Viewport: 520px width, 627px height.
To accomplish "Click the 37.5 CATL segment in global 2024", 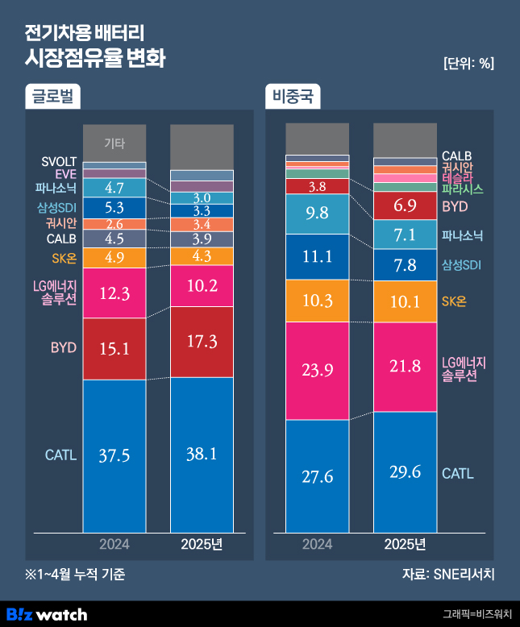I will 114,455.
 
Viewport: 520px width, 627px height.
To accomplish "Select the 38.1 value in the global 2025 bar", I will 202,454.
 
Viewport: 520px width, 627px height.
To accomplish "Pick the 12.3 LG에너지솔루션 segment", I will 114,294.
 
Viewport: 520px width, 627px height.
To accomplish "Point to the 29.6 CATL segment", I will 405,471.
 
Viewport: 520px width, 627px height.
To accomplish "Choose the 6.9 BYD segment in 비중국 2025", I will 405,206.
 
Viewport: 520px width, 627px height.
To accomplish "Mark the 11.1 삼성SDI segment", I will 317,257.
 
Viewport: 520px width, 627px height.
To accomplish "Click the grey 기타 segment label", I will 114,143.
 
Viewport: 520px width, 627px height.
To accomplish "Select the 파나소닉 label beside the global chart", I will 56,189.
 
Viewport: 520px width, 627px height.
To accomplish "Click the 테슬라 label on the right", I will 457,178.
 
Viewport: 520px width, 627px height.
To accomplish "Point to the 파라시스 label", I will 462,189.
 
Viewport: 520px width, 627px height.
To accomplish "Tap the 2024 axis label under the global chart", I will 114,544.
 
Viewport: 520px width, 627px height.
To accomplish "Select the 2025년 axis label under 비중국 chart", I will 405,544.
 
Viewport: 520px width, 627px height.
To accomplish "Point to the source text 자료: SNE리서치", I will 448,575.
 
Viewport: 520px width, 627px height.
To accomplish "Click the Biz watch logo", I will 47,614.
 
